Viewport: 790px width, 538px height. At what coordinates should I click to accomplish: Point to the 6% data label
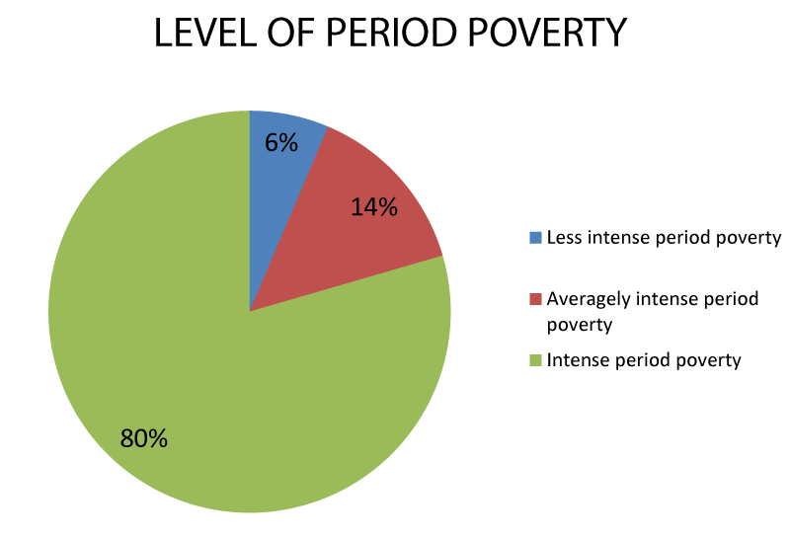[281, 142]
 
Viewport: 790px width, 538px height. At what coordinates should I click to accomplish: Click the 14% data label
[374, 207]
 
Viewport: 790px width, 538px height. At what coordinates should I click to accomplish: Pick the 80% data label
[143, 438]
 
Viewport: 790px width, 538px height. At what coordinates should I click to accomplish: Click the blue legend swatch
[535, 238]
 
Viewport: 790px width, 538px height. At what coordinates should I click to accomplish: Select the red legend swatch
[535, 299]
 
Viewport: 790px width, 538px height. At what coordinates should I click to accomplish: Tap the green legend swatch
[535, 360]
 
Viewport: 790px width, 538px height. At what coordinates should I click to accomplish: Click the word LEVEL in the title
[204, 34]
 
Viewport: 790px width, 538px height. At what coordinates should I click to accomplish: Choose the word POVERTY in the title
[548, 34]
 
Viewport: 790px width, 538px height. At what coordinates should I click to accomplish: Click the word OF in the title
[290, 34]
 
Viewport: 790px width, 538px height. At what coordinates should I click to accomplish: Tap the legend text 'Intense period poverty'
[644, 360]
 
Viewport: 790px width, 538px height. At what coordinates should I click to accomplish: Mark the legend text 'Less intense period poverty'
[664, 238]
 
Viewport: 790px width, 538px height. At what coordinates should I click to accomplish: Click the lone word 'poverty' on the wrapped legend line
[580, 325]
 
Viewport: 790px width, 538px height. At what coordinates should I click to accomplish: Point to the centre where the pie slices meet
[250, 311]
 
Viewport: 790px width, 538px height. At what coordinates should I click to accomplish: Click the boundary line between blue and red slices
[289, 218]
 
